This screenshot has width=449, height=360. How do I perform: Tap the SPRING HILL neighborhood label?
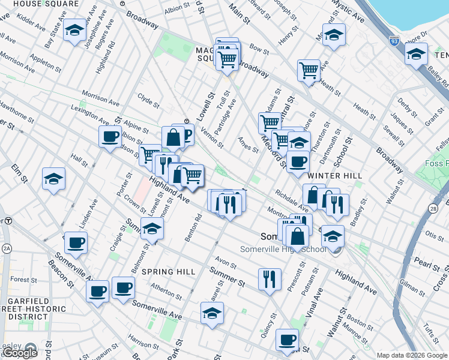(169, 272)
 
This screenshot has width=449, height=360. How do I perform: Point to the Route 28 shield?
(433, 208)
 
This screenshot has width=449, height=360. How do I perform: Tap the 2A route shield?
(7, 248)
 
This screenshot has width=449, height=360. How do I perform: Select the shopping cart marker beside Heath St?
(309, 70)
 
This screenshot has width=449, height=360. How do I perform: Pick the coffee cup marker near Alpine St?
(110, 136)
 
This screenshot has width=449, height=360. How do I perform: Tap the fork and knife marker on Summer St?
(269, 279)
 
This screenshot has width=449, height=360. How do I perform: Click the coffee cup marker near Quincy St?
(287, 340)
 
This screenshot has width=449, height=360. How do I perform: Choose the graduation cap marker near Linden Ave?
(54, 179)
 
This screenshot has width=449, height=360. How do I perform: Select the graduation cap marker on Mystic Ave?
(334, 35)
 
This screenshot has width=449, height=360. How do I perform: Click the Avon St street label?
(226, 263)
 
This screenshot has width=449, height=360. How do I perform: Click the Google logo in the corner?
(19, 353)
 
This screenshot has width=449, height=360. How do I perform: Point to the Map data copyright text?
(412, 355)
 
